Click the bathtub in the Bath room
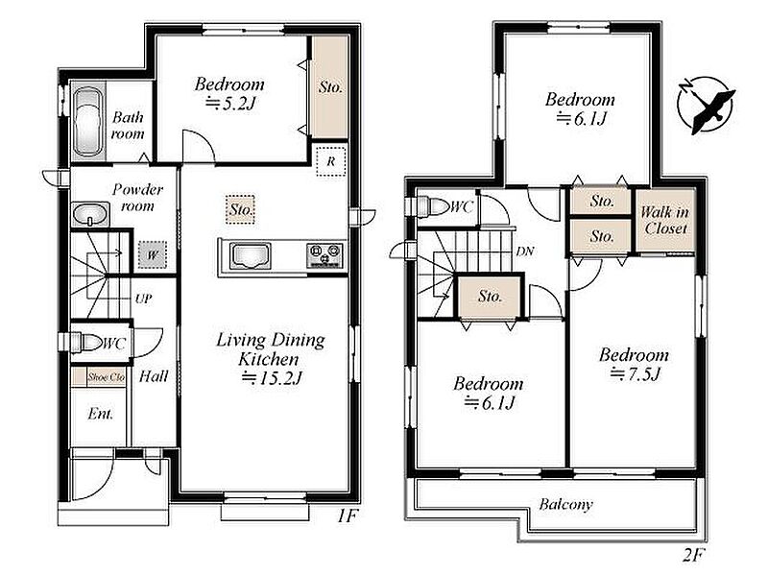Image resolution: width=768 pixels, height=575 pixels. click(x=88, y=122)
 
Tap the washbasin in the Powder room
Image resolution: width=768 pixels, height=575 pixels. click(x=90, y=214)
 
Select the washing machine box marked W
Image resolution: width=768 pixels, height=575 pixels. click(x=153, y=254)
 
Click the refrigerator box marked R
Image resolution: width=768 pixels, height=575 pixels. click(x=331, y=161)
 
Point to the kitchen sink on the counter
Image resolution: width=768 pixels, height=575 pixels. click(x=251, y=255)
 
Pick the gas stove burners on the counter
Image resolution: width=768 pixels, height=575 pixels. click(x=324, y=255)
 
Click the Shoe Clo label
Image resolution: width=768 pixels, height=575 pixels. click(x=107, y=377)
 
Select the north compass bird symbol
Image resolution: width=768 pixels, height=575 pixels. click(x=706, y=105)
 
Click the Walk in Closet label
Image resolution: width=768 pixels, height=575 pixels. click(x=665, y=220)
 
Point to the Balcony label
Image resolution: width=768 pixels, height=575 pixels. click(x=565, y=504)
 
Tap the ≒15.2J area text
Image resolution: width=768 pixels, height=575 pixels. click(x=272, y=377)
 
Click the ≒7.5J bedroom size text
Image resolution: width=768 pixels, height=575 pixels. click(x=635, y=374)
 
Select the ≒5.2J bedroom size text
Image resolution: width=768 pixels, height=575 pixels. click(x=230, y=104)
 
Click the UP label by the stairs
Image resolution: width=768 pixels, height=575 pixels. click(x=143, y=299)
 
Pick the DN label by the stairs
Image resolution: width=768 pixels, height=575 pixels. click(x=525, y=252)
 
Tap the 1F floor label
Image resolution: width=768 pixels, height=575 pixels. click(x=348, y=515)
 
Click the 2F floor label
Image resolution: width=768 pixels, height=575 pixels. click(x=693, y=556)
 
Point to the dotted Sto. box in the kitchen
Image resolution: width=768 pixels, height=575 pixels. click(x=241, y=209)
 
